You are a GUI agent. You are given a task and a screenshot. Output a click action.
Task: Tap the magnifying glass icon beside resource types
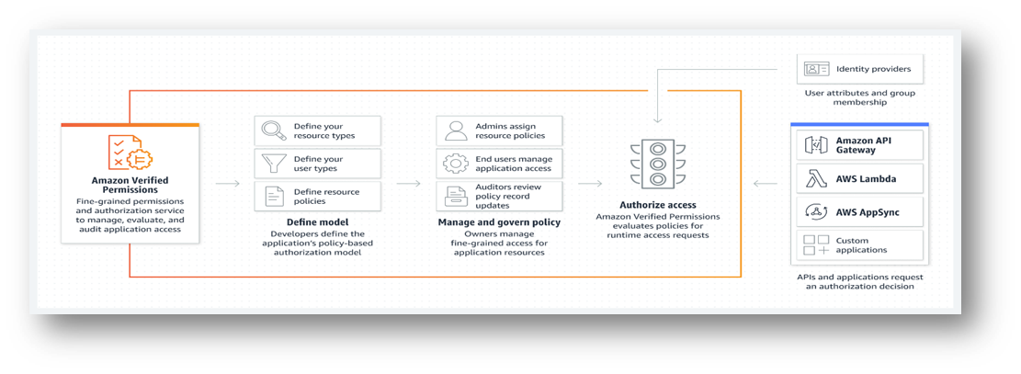pos(274,130)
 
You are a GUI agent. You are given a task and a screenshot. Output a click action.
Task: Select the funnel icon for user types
pos(274,164)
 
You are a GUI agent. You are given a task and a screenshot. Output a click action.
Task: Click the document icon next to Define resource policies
pos(274,196)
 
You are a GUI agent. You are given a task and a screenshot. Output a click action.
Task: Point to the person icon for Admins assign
pos(456,130)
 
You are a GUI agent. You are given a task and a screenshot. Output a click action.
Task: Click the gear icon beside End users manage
pos(456,164)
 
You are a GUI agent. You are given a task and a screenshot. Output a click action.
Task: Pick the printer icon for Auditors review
pos(456,196)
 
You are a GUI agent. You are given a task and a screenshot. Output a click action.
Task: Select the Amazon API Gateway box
pos(862,144)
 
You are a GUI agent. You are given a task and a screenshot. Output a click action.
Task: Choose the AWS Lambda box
pos(862,178)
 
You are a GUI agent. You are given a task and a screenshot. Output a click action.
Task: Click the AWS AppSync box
pos(862,211)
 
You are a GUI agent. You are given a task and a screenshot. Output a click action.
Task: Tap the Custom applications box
pos(862,244)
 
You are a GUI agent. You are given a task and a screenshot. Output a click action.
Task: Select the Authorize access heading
pos(657,204)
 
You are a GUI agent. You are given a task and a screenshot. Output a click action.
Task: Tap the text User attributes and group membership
pos(859,97)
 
